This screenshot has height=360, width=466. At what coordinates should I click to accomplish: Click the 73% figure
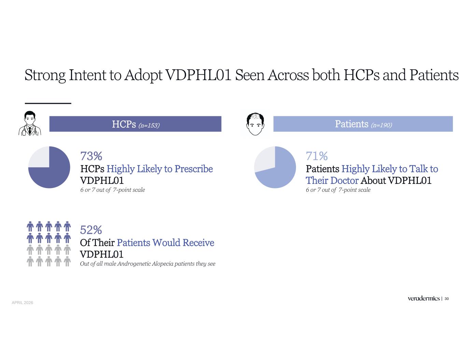[x=91, y=156]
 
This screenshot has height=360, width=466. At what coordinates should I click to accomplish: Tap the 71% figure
[x=317, y=156]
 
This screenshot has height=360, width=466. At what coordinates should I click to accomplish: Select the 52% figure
[x=91, y=230]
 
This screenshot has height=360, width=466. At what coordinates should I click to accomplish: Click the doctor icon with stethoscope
[x=30, y=123]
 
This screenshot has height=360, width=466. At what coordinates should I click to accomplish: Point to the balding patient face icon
[x=255, y=124]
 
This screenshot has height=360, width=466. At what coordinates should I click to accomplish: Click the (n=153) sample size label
[x=149, y=125]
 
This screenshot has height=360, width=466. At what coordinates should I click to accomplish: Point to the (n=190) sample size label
[x=382, y=125]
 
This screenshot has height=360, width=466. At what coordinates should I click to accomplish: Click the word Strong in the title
[x=45, y=75]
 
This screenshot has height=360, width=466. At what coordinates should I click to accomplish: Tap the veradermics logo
[x=424, y=298]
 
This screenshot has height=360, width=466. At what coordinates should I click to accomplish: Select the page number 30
[x=447, y=299]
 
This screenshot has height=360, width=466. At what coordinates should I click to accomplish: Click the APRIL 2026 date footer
[x=23, y=303]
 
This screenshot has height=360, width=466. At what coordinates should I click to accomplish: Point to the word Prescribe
[x=194, y=169]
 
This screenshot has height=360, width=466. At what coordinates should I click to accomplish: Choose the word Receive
[x=198, y=243]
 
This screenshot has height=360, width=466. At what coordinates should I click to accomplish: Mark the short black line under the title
[x=48, y=103]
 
